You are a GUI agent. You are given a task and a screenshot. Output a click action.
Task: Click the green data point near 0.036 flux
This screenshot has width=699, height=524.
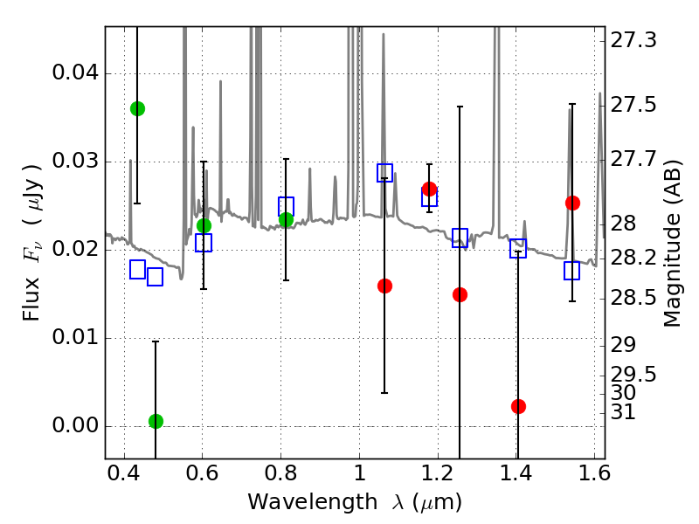tap(137, 108)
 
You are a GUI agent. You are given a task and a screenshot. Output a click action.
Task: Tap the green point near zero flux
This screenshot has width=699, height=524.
tap(156, 421)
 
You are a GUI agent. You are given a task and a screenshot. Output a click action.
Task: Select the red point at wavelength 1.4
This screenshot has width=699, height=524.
tap(518, 406)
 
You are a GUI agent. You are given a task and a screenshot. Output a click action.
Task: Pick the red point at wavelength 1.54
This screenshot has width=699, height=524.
tap(572, 203)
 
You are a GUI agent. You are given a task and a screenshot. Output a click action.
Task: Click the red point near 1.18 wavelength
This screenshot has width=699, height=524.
tap(429, 189)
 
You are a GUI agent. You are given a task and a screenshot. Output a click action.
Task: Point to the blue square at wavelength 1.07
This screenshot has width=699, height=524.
tap(384, 173)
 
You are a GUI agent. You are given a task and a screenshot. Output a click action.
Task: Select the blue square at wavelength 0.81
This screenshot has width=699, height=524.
tap(286, 206)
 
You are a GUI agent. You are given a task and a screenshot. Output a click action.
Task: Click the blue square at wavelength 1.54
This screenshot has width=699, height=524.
tap(572, 271)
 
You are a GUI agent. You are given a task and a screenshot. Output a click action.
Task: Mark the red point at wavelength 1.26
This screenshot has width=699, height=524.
tap(460, 294)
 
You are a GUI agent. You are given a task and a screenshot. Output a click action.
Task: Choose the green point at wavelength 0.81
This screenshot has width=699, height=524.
tap(286, 219)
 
